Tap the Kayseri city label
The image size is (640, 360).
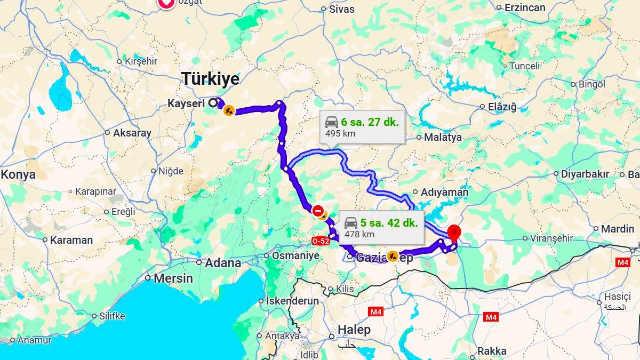(187, 103)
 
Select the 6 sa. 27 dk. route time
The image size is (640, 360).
(370, 122)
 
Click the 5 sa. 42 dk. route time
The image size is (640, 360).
(389, 222)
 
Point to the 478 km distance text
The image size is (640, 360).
(359, 234)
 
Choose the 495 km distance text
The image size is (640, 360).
(341, 133)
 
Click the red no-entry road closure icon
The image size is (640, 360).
(318, 210)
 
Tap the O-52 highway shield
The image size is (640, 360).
(321, 242)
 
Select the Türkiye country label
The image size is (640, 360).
(211, 79)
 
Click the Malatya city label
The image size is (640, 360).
(443, 137)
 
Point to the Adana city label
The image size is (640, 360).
(223, 263)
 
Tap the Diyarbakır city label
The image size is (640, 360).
(585, 174)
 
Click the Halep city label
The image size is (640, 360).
(354, 330)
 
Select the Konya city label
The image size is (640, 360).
(18, 174)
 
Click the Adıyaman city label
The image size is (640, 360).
(444, 192)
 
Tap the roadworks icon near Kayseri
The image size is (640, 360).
(229, 110)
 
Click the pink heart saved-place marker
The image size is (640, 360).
(166, 3)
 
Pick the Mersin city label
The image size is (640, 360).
(173, 278)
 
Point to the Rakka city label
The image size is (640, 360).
(492, 351)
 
